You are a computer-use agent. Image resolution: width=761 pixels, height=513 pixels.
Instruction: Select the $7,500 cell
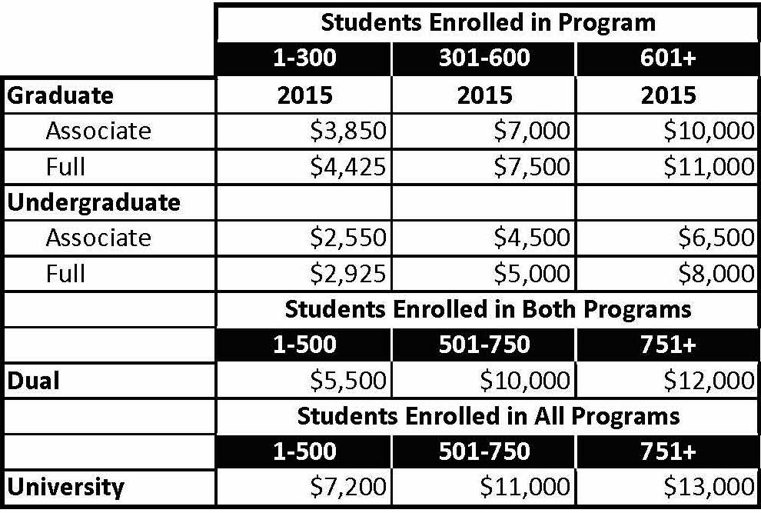532,167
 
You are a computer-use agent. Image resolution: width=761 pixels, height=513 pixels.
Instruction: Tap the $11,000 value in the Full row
709,167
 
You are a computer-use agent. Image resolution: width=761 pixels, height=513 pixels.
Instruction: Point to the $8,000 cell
716,274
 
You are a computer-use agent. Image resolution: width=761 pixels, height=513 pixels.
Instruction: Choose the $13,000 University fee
709,486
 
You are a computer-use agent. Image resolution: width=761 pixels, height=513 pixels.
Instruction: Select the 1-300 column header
304,59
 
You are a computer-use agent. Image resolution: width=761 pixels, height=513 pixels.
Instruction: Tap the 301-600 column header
484,59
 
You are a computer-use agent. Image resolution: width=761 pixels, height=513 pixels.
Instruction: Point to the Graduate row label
60,95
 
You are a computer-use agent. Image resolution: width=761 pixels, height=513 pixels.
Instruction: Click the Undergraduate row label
94,202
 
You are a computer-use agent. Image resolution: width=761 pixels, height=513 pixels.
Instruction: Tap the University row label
65,486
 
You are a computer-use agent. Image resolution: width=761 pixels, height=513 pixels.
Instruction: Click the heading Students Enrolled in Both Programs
487,309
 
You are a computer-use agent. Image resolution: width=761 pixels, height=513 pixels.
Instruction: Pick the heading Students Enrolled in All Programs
487,416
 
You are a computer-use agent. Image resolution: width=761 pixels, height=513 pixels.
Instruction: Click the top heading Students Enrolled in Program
487,22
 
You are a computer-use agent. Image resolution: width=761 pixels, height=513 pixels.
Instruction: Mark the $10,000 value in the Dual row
524,380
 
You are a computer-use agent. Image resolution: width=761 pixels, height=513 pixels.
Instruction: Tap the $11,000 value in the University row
524,486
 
